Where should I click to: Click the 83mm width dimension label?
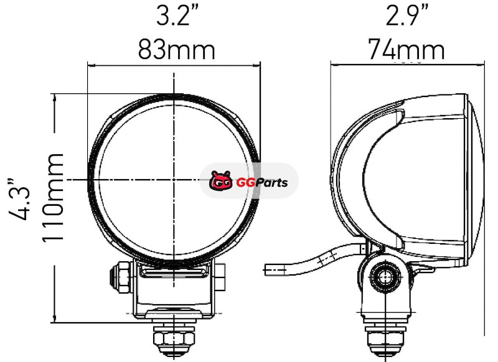(177, 50)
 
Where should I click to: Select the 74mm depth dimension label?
(406, 50)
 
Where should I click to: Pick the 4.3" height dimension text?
(19, 199)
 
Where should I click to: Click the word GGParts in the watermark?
(262, 182)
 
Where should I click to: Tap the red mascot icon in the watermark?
(220, 181)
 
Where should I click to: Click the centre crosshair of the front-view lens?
(174, 180)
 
